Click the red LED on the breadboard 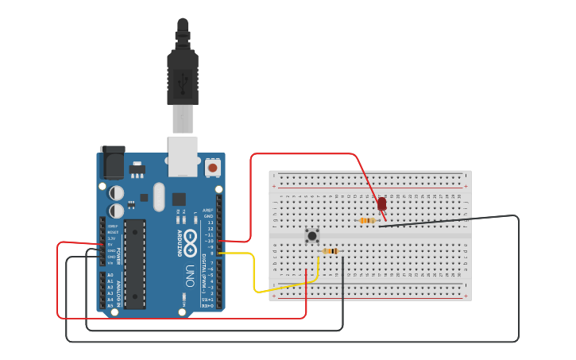tap(382, 204)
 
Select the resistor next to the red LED tap(367, 221)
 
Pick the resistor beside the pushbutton tap(331, 251)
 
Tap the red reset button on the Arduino tap(212, 168)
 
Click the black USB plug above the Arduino tap(183, 75)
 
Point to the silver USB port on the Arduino tap(183, 155)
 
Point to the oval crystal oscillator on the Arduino tap(158, 197)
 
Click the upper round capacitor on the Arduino tap(116, 192)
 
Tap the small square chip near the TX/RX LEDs tap(179, 199)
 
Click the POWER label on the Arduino tap(120, 256)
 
